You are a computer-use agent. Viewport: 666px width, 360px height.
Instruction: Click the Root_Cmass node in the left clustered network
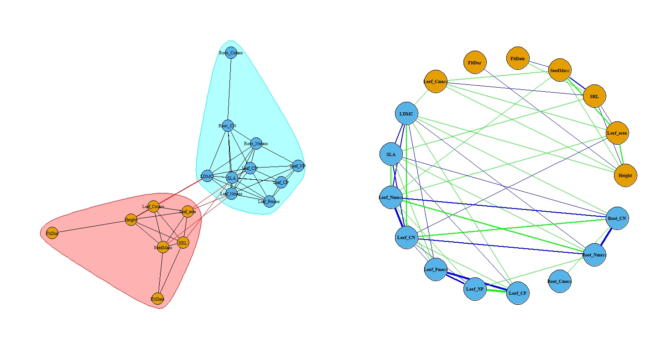(x=231, y=52)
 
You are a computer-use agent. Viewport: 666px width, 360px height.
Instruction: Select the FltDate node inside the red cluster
(x=157, y=299)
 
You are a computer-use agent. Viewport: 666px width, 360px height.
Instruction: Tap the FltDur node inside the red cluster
(x=52, y=233)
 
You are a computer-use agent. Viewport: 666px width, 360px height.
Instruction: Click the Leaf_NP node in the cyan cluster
(x=297, y=166)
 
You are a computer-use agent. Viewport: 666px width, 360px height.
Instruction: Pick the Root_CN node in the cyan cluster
(x=228, y=125)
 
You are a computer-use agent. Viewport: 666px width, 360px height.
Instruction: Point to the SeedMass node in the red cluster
(x=163, y=247)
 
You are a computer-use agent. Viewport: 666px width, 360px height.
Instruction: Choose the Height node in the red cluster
(x=131, y=220)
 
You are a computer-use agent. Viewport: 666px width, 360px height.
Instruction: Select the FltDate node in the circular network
(x=518, y=58)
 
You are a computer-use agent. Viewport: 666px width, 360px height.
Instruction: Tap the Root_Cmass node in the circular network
(x=560, y=281)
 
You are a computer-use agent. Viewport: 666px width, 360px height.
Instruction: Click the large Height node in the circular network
(x=625, y=175)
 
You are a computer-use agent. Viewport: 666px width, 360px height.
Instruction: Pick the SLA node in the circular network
(x=391, y=154)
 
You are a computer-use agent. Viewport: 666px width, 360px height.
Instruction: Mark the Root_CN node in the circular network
(x=617, y=219)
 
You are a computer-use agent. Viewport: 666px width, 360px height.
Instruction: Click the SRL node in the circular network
(x=594, y=96)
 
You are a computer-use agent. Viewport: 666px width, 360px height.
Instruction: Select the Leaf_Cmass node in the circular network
(x=436, y=82)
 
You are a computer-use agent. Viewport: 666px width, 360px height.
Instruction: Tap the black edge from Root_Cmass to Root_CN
(x=229, y=89)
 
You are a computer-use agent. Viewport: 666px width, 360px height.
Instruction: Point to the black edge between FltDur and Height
(x=91, y=227)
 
